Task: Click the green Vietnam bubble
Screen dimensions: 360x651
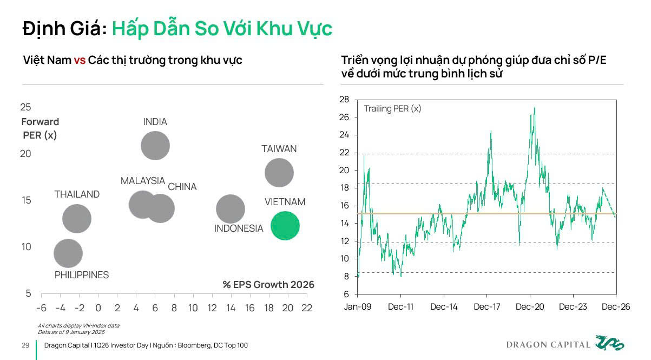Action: click(285, 226)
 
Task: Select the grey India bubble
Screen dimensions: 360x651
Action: click(155, 145)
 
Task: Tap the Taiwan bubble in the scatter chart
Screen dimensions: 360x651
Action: click(279, 173)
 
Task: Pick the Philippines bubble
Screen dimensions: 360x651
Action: click(68, 253)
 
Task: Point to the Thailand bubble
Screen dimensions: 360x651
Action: click(77, 219)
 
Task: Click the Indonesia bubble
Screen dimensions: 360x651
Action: click(231, 209)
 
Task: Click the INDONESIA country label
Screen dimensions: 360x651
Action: click(239, 228)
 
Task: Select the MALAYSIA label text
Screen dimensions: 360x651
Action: click(143, 181)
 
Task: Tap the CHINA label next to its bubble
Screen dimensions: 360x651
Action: click(182, 187)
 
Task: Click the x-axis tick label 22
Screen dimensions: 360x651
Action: click(307, 307)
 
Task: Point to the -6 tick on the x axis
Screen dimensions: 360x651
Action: click(41, 307)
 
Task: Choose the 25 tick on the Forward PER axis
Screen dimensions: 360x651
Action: click(26, 107)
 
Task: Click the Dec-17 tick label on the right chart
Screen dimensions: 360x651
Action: click(487, 306)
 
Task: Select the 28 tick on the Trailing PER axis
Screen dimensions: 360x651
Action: click(345, 100)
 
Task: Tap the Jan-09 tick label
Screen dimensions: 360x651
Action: click(358, 306)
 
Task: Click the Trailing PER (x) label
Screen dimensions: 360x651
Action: click(392, 109)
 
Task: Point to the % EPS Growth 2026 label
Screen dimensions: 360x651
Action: click(268, 284)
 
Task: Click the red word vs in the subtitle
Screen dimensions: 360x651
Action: click(80, 60)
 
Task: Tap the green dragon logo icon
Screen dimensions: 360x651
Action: click(609, 343)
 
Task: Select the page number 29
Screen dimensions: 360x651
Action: click(25, 345)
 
